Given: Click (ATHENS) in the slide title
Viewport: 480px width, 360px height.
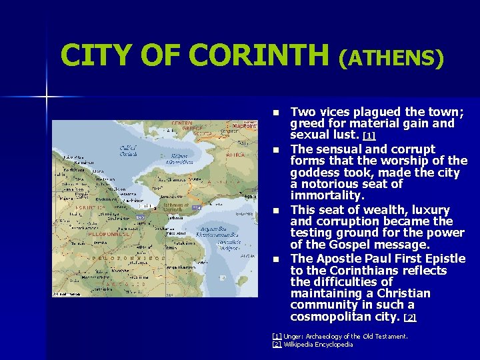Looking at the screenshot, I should (391, 58).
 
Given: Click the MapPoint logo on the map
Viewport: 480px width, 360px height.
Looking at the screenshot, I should (243, 125).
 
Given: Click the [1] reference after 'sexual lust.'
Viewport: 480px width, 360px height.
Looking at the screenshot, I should (369, 136).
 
